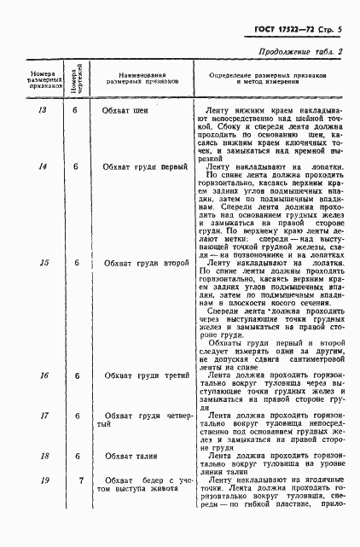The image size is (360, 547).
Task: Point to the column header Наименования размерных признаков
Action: [x=142, y=79]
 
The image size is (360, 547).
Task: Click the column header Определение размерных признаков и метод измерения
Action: [x=268, y=79]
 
